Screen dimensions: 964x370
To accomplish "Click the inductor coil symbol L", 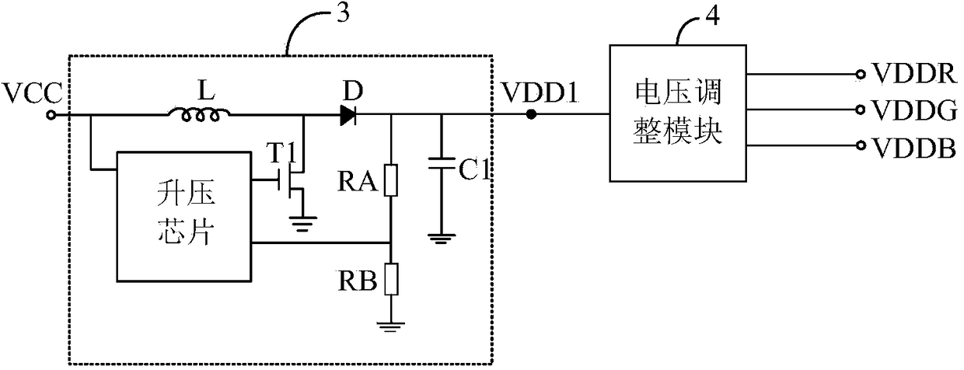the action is [198, 114].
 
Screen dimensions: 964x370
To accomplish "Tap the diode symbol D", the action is [348, 115].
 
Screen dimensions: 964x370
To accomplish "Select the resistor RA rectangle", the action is [391, 180].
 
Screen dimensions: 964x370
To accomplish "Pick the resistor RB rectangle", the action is [391, 279].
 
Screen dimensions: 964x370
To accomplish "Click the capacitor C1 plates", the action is [441, 163].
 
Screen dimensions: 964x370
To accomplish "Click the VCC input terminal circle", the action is [51, 115].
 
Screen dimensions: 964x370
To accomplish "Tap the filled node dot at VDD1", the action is [532, 114].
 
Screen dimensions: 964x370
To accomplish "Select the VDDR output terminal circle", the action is [861, 74].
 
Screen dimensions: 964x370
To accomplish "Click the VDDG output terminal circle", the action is [861, 110].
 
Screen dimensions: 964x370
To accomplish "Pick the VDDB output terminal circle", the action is [861, 145].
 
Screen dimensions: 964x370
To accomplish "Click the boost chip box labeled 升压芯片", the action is [184, 217].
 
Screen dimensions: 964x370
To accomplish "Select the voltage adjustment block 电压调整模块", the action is [678, 113].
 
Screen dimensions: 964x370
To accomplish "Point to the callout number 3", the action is [343, 13].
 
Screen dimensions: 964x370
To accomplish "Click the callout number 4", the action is [713, 16].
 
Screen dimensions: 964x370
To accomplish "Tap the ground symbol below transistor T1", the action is [303, 224].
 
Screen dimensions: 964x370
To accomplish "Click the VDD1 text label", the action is [541, 93].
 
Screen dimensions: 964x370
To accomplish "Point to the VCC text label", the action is [33, 93].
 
